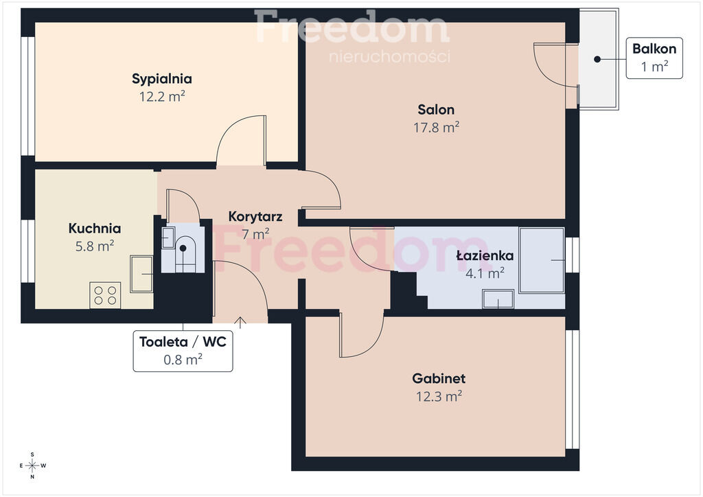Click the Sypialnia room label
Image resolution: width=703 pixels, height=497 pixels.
pyautogui.click(x=162, y=79)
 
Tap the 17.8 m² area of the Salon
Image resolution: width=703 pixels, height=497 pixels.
pyautogui.click(x=436, y=127)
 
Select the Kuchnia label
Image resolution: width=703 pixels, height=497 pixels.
pyautogui.click(x=95, y=228)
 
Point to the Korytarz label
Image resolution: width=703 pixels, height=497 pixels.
pyautogui.click(x=255, y=216)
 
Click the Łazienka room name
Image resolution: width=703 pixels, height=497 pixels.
pyautogui.click(x=485, y=255)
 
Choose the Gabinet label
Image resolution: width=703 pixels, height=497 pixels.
pyautogui.click(x=439, y=378)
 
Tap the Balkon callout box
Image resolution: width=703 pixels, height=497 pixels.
pyautogui.click(x=654, y=58)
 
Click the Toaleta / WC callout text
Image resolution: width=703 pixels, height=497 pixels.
pyautogui.click(x=183, y=342)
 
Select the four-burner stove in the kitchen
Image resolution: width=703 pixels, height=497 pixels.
pyautogui.click(x=105, y=295)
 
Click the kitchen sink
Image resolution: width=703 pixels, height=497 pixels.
pyautogui.click(x=141, y=274)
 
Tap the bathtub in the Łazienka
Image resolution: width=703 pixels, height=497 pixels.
pyautogui.click(x=542, y=260)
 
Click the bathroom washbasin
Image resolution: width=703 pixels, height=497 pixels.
pyautogui.click(x=498, y=299)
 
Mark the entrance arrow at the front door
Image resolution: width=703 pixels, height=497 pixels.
pyautogui.click(x=240, y=322)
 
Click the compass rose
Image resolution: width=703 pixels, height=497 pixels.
pyautogui.click(x=33, y=465)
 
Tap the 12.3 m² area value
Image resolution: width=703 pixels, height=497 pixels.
pyautogui.click(x=439, y=397)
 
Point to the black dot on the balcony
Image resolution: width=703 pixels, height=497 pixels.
pyautogui.click(x=597, y=59)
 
